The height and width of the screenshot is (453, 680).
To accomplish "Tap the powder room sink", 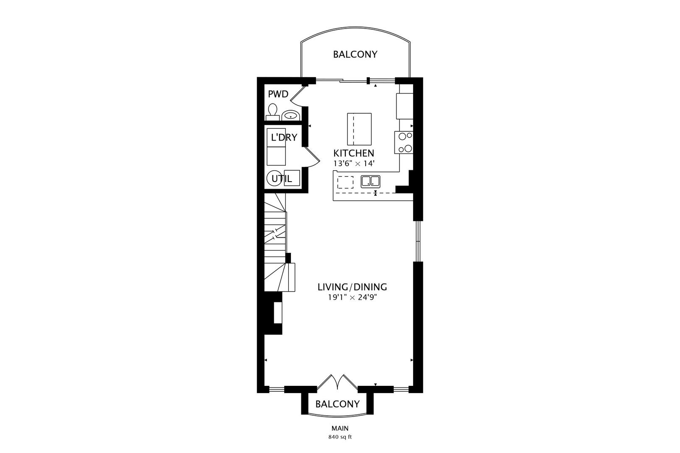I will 290,115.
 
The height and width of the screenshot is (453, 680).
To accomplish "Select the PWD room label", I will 278,94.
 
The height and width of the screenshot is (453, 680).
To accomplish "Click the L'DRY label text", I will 284,137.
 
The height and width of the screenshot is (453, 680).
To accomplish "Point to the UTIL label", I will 282,179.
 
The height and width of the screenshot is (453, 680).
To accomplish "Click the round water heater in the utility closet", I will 274,178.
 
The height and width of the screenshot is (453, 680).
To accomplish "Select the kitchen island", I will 359,129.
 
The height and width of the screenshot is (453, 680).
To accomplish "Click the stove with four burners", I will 404,143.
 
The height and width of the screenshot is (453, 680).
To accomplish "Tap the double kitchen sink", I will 371,181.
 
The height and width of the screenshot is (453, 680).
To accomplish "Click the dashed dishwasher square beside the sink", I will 345,182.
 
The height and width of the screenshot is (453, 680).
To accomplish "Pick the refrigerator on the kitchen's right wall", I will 405,106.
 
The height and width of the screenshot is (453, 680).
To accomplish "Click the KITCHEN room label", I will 353,153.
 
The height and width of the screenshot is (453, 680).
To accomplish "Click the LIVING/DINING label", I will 352,287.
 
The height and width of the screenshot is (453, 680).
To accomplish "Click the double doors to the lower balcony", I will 338,382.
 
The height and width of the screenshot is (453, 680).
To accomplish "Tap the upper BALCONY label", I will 355,55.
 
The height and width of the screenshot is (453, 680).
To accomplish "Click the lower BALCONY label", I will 337,404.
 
